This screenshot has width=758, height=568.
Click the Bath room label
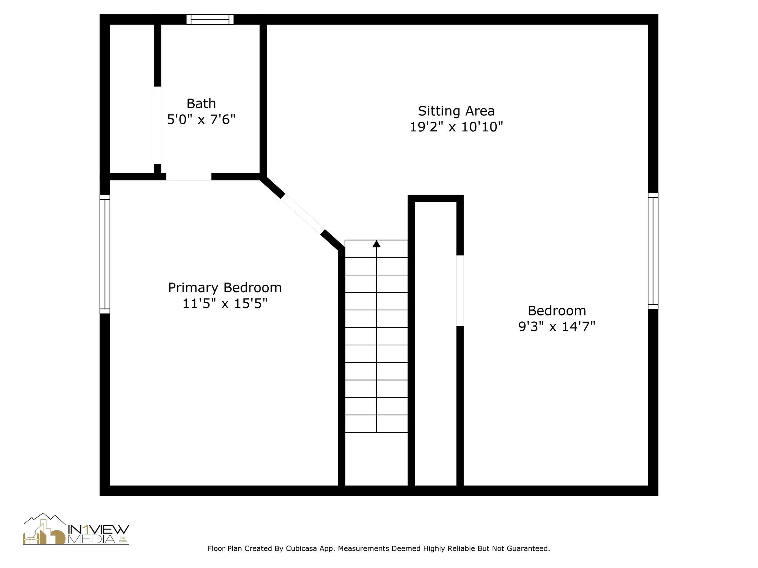point(201,104)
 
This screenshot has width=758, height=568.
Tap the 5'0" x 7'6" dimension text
point(201,120)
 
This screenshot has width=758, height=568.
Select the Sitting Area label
point(456,111)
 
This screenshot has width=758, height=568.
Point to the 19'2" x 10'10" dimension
point(456,127)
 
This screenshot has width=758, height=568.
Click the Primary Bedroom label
point(225,288)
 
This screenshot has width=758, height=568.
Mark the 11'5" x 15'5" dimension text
point(225,304)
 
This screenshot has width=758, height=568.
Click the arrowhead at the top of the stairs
point(376,244)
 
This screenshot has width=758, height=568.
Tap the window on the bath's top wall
point(210,19)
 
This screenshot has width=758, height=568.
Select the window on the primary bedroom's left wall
point(105,254)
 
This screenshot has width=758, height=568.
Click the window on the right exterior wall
point(653,251)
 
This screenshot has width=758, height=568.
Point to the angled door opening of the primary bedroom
point(302,214)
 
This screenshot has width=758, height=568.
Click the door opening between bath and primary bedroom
point(188,177)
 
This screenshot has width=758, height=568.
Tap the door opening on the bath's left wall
point(157,125)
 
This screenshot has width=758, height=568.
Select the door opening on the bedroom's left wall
point(460,291)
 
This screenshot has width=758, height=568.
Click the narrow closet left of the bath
point(132,98)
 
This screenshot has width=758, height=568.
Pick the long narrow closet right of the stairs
point(436,344)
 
